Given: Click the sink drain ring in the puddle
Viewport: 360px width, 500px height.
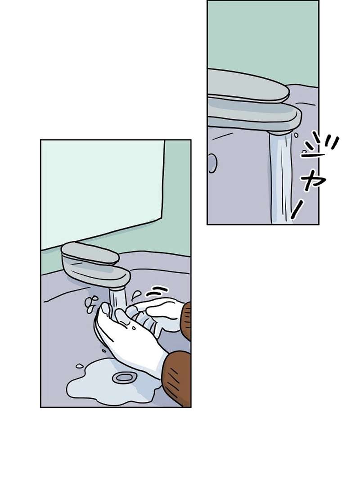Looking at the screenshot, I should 124,378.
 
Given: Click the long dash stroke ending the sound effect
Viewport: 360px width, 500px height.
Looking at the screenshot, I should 297,210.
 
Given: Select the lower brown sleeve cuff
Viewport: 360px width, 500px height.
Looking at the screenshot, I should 178,378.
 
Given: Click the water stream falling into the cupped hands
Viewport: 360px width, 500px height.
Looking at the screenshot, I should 117,299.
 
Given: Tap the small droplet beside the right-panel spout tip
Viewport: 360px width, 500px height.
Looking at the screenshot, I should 296,134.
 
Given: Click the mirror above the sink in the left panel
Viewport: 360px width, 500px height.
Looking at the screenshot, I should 101,189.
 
